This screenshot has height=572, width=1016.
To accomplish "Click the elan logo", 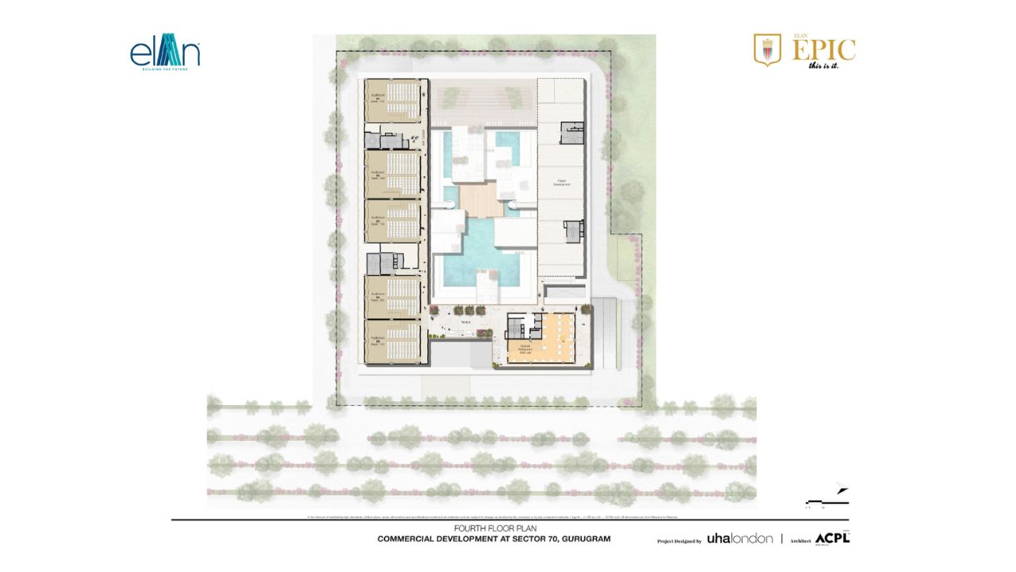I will pos(165,53).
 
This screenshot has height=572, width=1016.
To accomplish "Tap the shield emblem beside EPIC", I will pos(767,49).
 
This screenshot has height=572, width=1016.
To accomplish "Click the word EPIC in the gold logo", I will pos(825,50).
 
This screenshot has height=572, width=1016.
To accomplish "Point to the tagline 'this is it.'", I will pos(823,65).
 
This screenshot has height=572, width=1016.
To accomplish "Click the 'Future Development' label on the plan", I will pos(564,183).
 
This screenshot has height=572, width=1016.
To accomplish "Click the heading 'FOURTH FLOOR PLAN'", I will pos(493,528).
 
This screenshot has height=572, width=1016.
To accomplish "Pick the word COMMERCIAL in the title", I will pos(415,539).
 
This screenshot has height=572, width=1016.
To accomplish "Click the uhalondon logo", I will pos(739,539).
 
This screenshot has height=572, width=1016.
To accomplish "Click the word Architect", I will pos(800,540).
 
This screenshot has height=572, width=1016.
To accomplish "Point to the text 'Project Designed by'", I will pos(679,540).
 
